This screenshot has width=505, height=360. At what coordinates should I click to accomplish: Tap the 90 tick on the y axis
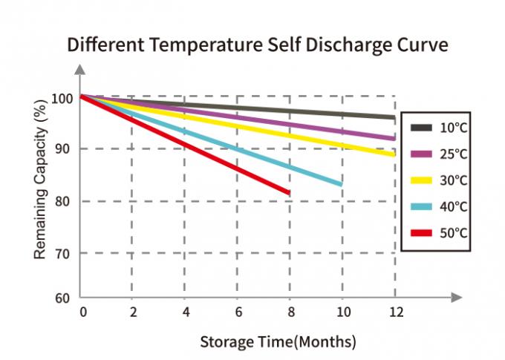[65, 149]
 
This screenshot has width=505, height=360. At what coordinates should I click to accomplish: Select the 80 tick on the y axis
[65, 201]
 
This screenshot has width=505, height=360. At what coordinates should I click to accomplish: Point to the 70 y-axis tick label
[65, 253]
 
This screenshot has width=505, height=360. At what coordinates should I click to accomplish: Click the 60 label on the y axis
[65, 298]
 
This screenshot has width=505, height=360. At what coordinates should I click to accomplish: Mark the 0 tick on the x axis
[82, 312]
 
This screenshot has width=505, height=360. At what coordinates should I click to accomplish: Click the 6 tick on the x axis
[238, 312]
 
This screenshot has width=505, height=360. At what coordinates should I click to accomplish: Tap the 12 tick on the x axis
[396, 312]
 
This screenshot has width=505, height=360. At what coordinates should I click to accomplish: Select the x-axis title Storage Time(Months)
[278, 342]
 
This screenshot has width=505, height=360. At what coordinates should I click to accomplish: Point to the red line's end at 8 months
[288, 193]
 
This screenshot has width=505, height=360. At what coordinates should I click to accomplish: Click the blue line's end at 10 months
[341, 184]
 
